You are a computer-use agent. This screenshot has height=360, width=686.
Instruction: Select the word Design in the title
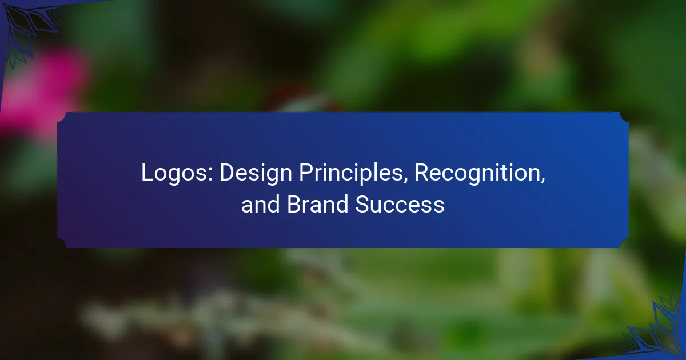(x=256, y=174)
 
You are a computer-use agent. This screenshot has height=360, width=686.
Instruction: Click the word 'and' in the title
(x=260, y=204)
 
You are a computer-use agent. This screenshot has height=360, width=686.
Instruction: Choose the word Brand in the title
(x=318, y=204)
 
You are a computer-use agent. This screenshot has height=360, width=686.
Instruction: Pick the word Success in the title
(x=400, y=204)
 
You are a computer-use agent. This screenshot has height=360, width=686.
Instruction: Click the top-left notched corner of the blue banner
(x=62, y=117)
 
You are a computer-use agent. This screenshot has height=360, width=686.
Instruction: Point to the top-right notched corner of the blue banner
(x=624, y=117)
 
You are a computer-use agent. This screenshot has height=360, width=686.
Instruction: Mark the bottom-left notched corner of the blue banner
(x=62, y=243)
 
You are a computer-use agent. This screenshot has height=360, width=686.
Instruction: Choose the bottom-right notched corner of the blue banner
(x=624, y=243)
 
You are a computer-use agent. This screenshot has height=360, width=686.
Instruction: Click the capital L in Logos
(x=148, y=173)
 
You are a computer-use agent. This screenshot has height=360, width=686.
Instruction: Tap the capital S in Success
(x=363, y=203)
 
